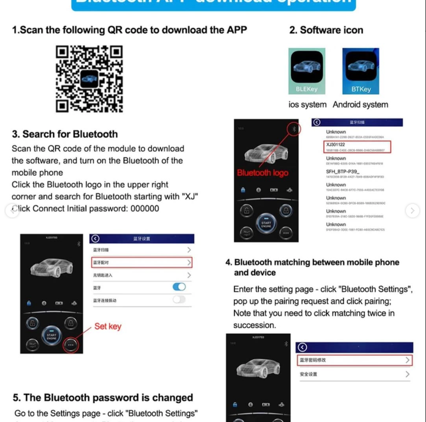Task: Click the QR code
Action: (x=89, y=79)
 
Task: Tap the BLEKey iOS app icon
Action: (x=307, y=71)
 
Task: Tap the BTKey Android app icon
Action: (x=360, y=71)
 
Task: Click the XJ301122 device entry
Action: (x=357, y=147)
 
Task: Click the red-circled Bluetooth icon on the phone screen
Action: (x=294, y=129)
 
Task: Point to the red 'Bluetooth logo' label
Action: (x=263, y=173)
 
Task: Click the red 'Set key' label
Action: (x=108, y=326)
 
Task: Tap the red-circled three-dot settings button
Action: (x=71, y=345)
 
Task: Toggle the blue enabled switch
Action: (x=179, y=287)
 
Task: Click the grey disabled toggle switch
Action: (x=179, y=300)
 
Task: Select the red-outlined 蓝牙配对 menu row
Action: (x=142, y=262)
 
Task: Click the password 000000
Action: (x=145, y=208)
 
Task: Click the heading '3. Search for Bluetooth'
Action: (x=65, y=134)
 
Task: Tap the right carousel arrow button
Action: (x=412, y=211)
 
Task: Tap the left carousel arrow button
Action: (x=12, y=211)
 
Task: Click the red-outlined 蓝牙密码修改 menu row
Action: (x=354, y=360)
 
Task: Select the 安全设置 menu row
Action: (x=354, y=374)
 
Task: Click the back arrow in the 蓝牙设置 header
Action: (x=95, y=239)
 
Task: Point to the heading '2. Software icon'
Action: (x=326, y=30)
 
